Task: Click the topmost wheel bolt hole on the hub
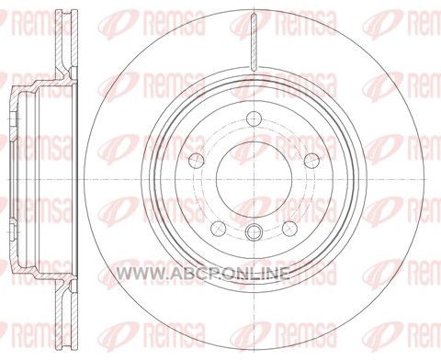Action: pyautogui.click(x=254, y=118)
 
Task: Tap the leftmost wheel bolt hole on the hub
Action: pyautogui.click(x=197, y=160)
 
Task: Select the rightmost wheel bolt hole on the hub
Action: pyautogui.click(x=311, y=160)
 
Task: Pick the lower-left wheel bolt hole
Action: pyautogui.click(x=219, y=228)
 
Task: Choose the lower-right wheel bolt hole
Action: pyautogui.click(x=290, y=228)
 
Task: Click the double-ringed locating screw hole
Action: pyautogui.click(x=254, y=231)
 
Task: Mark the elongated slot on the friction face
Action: pyautogui.click(x=254, y=43)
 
